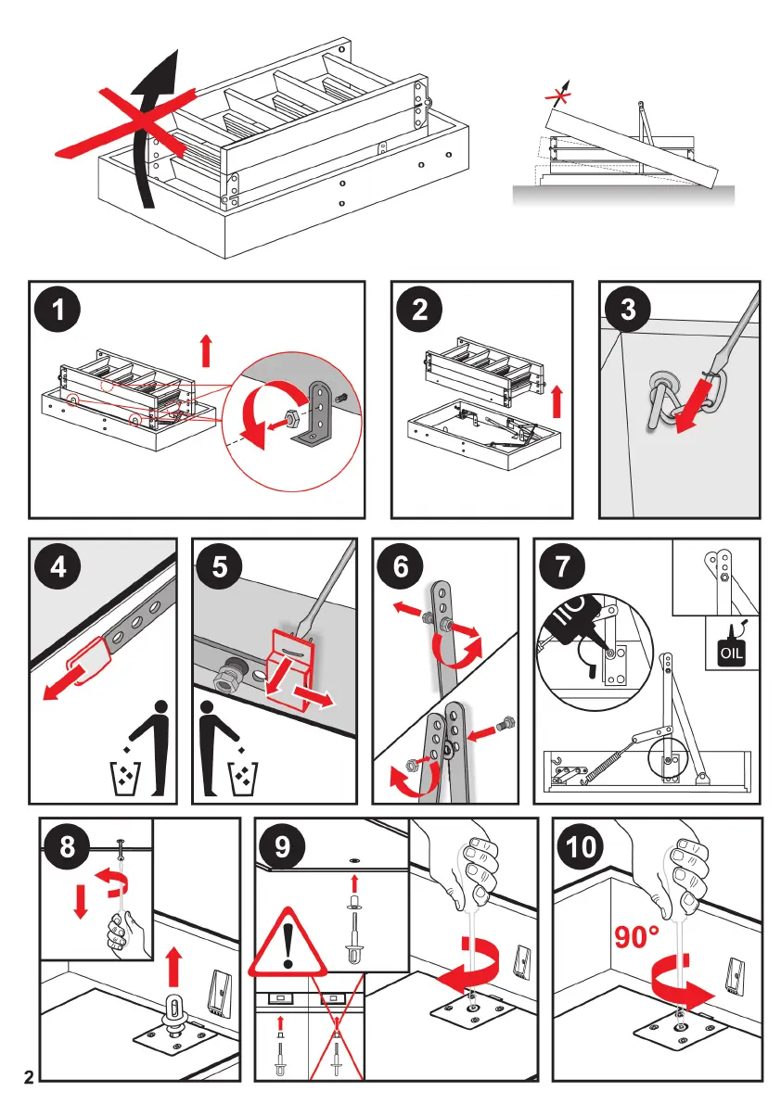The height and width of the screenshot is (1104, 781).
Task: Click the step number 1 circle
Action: (60, 311)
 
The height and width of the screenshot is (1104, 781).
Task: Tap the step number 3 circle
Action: (628, 310)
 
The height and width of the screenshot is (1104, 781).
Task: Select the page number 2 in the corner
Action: (29, 1078)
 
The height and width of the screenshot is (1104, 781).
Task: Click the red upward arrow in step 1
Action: (206, 352)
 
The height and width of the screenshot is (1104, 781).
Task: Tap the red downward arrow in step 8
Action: (81, 900)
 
